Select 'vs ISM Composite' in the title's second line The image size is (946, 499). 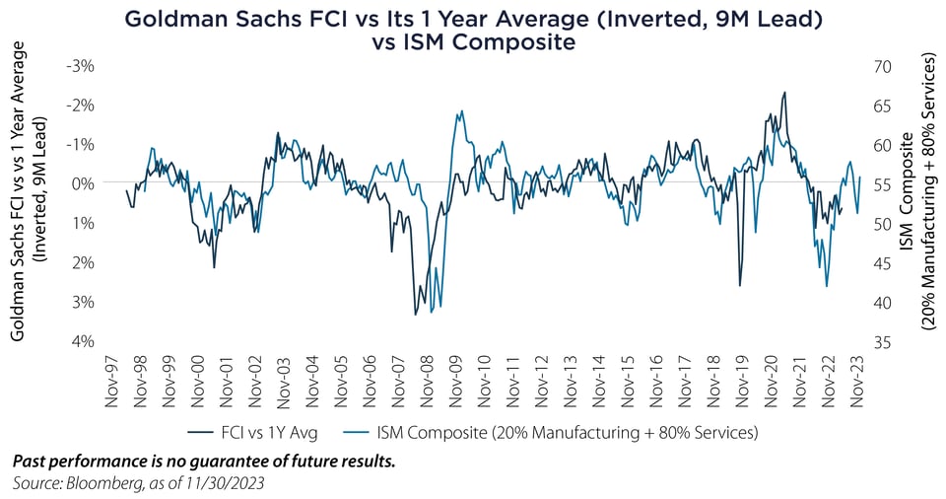click(x=473, y=42)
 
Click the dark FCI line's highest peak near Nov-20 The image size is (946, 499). click(x=784, y=93)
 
